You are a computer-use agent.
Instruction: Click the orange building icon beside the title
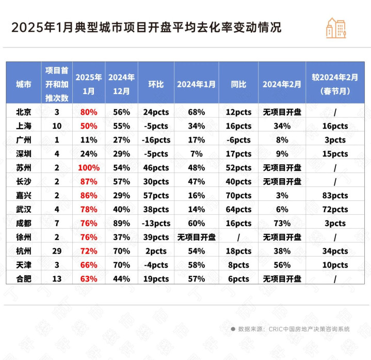point(336,28)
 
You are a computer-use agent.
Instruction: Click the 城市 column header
point(23,84)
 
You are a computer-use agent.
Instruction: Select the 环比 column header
point(156,84)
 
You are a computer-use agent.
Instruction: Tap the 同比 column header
point(238,84)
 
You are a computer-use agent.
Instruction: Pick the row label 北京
point(23,112)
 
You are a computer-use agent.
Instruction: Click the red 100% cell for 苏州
point(89,168)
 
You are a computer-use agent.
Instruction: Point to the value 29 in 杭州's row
point(57,251)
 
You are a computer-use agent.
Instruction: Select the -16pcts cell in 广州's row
point(156,140)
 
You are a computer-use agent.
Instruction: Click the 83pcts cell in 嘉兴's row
point(335,196)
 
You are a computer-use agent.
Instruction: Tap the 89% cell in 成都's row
point(121,223)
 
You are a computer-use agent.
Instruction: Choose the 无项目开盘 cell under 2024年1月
point(197,237)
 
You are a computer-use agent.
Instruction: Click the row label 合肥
point(23,279)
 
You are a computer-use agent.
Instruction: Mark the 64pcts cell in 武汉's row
point(238,209)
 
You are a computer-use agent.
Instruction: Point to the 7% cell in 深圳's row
point(197,154)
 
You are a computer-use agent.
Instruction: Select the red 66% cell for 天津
point(89,265)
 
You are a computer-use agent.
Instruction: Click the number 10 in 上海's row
point(57,126)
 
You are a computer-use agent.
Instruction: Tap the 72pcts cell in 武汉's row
point(335,209)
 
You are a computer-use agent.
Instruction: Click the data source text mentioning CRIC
point(294,329)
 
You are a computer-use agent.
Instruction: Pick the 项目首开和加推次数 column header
point(57,84)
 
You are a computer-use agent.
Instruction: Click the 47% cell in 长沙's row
point(197,182)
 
